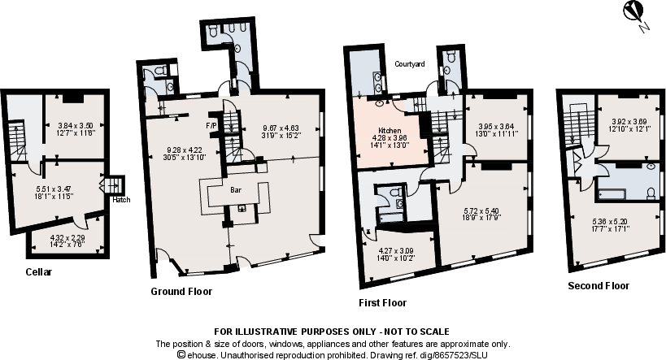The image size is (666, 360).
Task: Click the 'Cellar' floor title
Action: pos(38,272)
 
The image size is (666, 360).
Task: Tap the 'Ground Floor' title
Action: pos(181,290)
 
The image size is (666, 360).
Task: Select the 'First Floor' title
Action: pos(382,302)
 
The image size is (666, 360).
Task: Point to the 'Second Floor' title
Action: pos(599,286)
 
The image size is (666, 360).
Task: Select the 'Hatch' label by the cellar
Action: pos(120,199)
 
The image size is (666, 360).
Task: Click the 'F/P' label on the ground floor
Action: pos(211,126)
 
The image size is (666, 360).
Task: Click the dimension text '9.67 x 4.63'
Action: pos(281,128)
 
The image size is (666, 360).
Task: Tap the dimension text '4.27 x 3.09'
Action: pos(396,250)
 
